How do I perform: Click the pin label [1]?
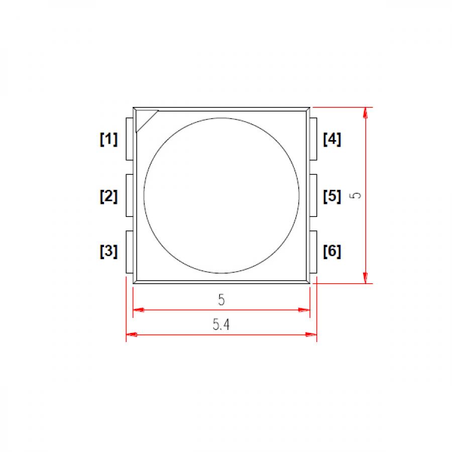[x=108, y=139]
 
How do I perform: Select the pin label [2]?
[x=108, y=196]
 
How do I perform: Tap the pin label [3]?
[x=108, y=251]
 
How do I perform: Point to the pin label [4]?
[x=332, y=139]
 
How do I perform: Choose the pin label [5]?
[x=332, y=196]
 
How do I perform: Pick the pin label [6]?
[x=332, y=251]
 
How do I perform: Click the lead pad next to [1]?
[x=130, y=139]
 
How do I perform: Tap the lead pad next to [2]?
[x=130, y=196]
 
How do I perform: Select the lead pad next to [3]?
[x=130, y=252]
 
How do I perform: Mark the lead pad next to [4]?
[x=313, y=139]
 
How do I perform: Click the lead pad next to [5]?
[x=313, y=196]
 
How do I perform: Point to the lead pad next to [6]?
[x=313, y=252]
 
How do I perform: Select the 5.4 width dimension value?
[x=221, y=325]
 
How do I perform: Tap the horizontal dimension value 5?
[x=221, y=300]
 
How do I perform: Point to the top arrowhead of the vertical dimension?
[x=366, y=112]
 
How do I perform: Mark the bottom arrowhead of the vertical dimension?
[x=366, y=278]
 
